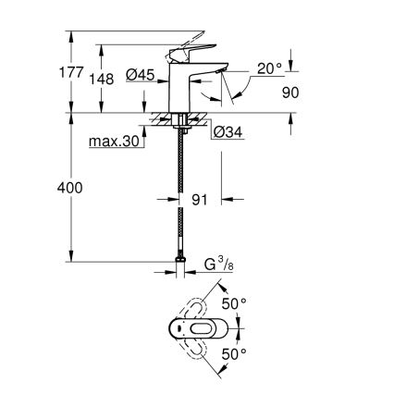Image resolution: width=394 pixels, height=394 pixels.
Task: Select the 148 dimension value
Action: (x=102, y=80)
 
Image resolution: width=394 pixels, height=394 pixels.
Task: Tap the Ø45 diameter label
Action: (x=141, y=74)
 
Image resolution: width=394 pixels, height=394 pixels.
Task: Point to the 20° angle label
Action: (x=269, y=69)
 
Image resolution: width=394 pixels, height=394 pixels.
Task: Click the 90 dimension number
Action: (x=290, y=92)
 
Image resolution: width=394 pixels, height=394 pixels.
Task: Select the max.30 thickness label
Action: (x=114, y=142)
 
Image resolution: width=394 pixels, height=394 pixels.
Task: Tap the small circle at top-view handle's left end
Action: (x=177, y=328)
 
